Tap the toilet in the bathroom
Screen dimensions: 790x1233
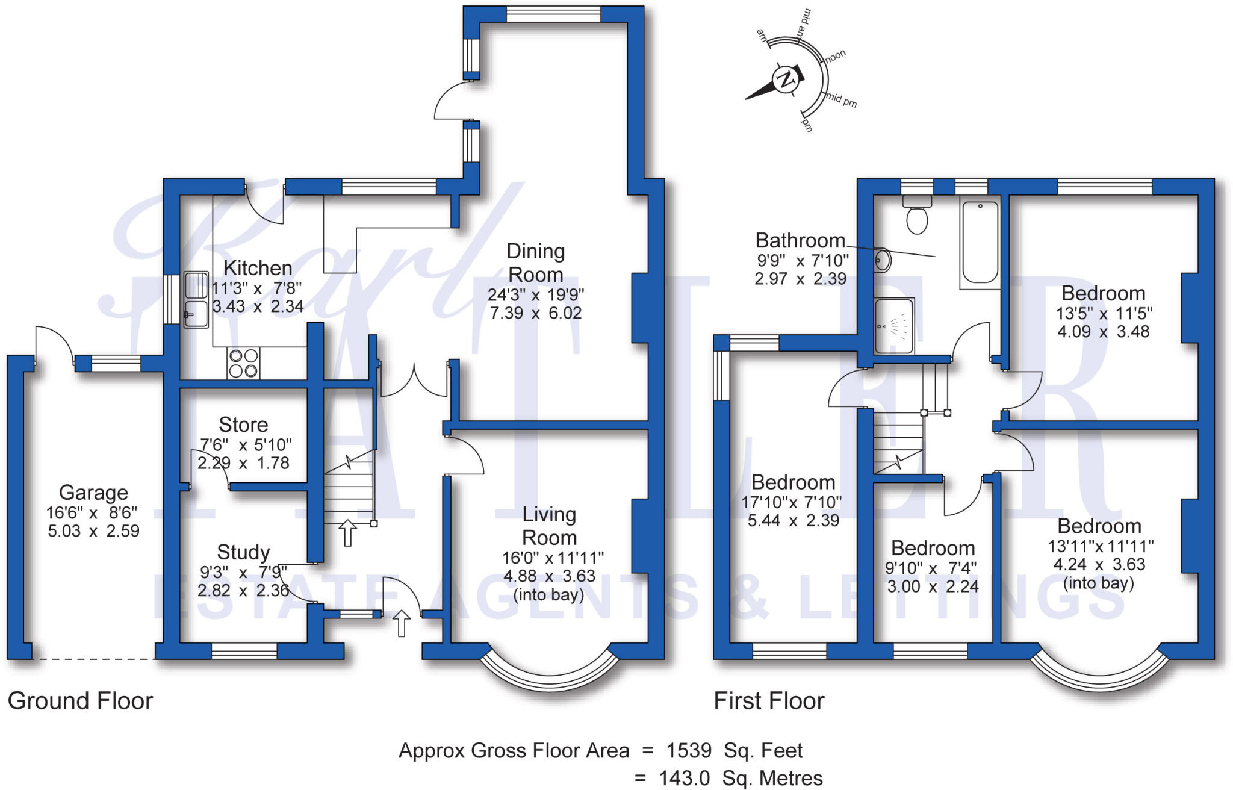917,217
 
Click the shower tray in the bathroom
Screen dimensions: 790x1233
894,326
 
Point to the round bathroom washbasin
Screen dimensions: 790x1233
883,261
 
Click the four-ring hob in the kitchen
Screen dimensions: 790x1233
243,363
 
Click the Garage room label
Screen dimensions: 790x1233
93,493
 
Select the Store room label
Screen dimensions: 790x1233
243,425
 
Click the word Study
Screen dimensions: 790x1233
243,552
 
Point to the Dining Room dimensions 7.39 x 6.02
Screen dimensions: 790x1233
535,313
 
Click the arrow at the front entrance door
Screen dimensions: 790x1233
402,623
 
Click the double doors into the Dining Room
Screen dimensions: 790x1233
414,382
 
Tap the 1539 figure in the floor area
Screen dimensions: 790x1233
689,751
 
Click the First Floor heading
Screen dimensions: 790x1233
769,701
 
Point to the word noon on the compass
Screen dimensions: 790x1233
835,57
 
